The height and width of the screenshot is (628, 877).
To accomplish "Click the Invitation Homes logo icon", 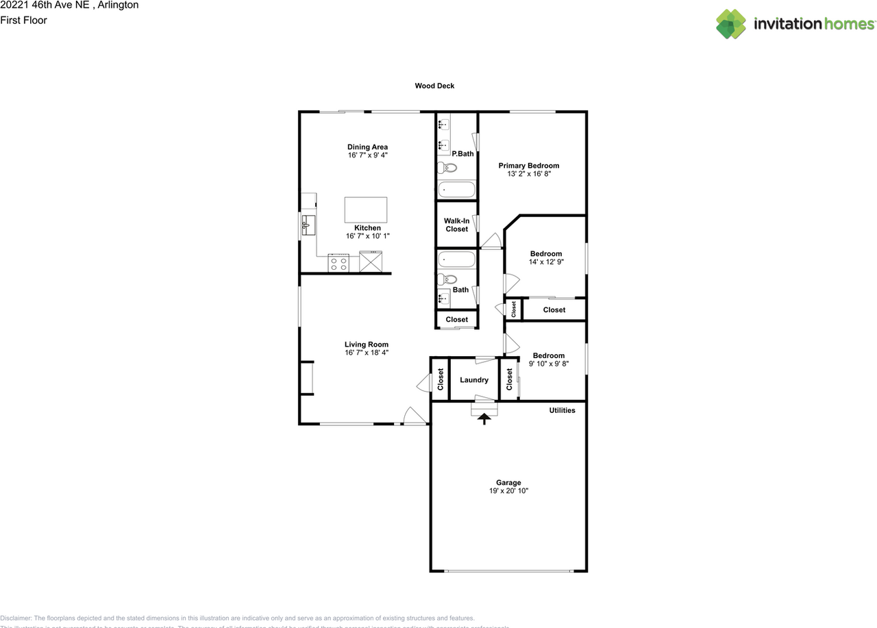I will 731,24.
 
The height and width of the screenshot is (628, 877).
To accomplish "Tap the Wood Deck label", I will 434,86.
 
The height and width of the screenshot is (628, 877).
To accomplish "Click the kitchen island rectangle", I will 365,209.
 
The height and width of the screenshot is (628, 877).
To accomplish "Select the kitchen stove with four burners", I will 338,263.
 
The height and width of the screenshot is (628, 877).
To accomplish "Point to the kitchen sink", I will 308,223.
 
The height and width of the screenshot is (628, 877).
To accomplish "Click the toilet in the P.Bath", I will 447,168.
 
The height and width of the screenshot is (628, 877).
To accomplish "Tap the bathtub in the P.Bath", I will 456,189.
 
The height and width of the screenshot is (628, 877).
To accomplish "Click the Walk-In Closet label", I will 456,225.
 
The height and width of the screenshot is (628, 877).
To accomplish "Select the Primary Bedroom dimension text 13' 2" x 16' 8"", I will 528,174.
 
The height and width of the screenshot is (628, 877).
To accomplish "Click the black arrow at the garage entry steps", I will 484,418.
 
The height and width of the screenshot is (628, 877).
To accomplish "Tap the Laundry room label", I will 473,380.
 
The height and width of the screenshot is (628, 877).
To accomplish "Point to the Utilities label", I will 562,410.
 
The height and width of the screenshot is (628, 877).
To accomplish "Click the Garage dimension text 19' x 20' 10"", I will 508,491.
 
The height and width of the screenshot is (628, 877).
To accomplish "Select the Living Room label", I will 366,344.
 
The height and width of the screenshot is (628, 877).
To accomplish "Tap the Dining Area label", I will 367,147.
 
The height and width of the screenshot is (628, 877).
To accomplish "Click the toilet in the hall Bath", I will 447,279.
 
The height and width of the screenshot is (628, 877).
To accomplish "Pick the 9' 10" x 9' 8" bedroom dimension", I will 549,364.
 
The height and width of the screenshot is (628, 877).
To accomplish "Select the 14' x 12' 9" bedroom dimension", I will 545,262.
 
